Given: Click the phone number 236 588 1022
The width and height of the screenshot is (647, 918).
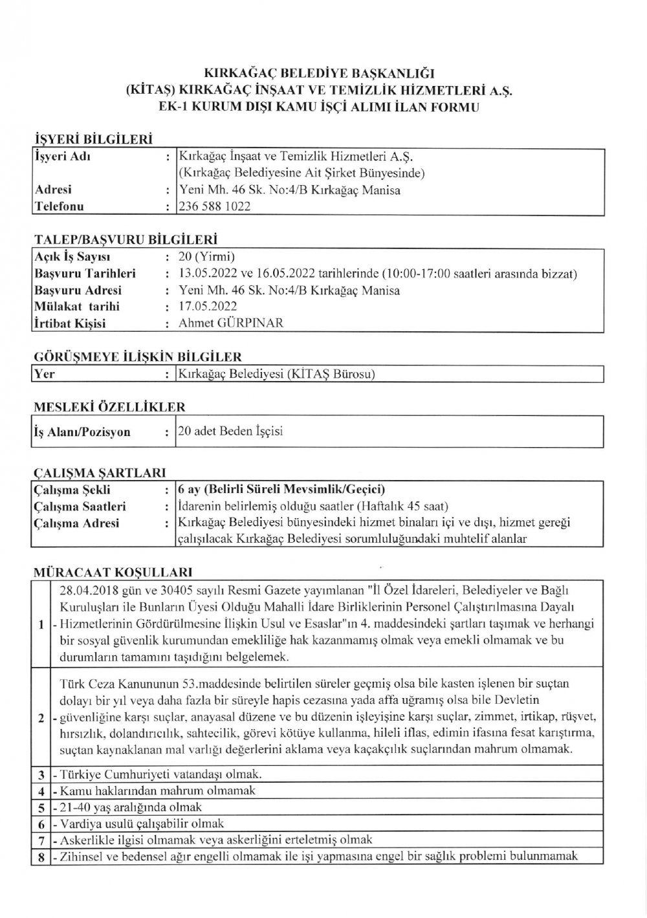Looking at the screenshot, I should click(x=215, y=206).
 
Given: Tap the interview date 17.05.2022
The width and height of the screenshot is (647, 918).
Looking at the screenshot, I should click(x=208, y=307).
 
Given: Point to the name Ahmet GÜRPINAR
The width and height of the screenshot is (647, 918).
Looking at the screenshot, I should click(x=231, y=323).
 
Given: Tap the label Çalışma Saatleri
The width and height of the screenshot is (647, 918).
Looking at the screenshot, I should click(x=80, y=507).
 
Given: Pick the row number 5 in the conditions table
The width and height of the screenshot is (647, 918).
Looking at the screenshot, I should click(x=41, y=808).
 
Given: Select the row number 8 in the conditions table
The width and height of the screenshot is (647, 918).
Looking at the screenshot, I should click(x=41, y=857).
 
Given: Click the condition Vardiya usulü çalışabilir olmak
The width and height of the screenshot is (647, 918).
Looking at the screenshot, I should click(x=141, y=824).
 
